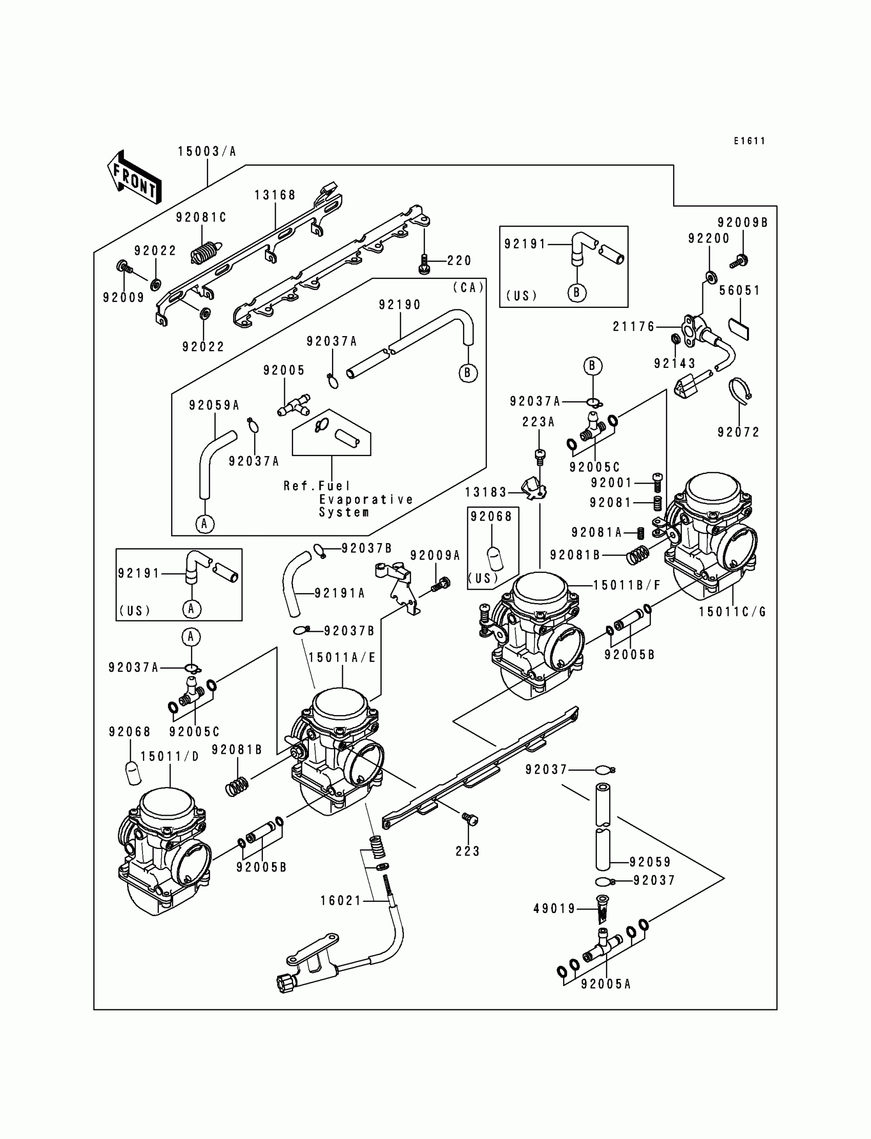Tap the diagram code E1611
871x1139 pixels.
(x=749, y=141)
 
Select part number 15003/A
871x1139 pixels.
(x=207, y=151)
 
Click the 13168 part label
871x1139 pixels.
(x=275, y=195)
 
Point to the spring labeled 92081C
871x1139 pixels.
(x=206, y=253)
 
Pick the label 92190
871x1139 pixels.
(x=399, y=305)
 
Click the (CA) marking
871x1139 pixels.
(x=468, y=287)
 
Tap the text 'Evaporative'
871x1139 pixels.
(x=366, y=499)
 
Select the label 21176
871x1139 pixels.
(x=634, y=326)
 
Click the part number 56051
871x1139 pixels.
(x=739, y=291)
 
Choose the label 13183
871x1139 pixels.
(x=485, y=492)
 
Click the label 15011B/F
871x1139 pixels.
(x=627, y=585)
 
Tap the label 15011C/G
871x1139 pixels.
(x=732, y=612)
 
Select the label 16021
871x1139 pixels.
(x=341, y=901)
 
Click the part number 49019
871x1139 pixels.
(x=555, y=908)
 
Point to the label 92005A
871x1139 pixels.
(x=606, y=984)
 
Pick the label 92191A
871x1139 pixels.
(x=340, y=593)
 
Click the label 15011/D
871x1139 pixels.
(x=170, y=756)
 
